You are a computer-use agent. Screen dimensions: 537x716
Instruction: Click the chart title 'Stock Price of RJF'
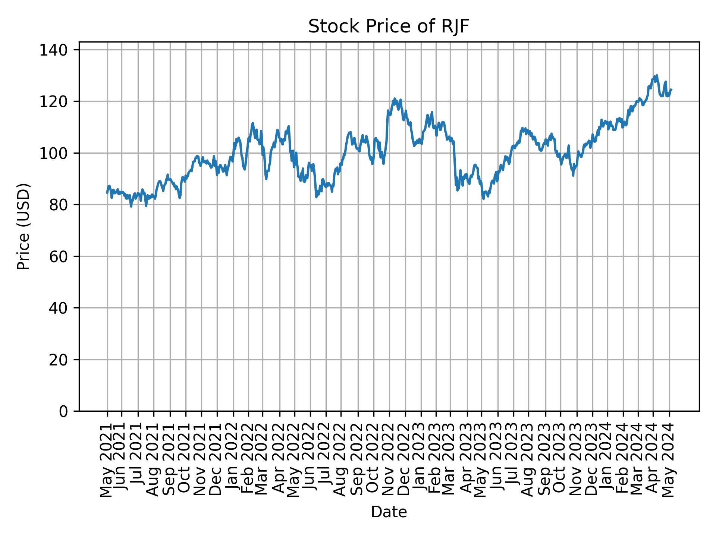coord(389,27)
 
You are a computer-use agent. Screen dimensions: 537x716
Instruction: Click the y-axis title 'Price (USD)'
coord(23,226)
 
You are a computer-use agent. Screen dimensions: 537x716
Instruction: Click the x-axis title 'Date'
coord(389,512)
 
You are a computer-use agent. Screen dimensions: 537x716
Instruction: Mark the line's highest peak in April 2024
coord(656,75)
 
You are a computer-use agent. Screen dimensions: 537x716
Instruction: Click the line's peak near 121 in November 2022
coord(395,99)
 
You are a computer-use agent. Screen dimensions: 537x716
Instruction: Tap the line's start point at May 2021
coord(107,193)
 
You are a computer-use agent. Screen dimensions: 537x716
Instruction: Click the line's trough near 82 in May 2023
coord(483,199)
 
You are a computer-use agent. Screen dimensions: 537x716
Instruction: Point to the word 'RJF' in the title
coord(455,27)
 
